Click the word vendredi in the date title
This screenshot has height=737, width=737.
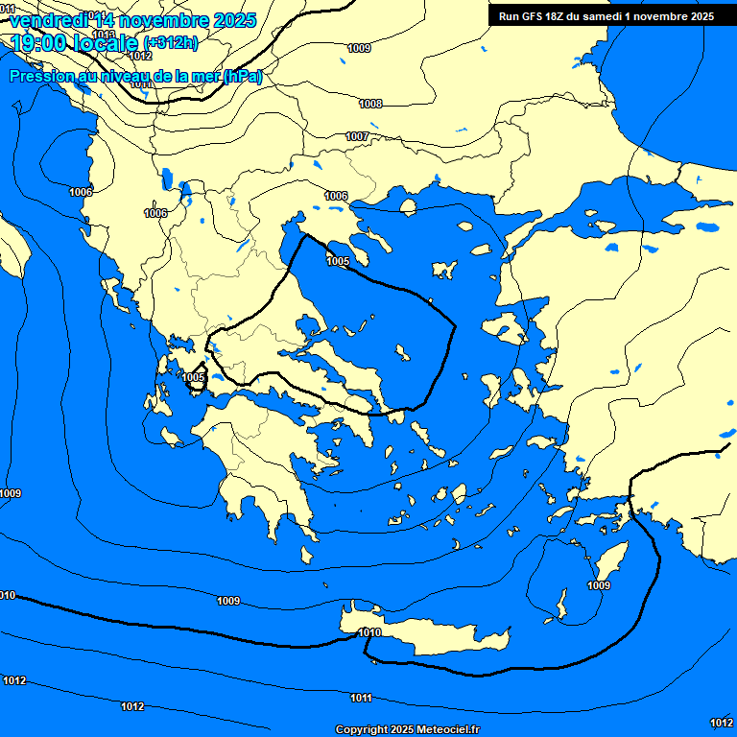point(47,19)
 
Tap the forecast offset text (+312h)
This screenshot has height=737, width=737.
point(171,42)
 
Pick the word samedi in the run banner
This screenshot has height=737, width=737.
point(612,16)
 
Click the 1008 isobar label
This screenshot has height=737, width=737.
point(370,104)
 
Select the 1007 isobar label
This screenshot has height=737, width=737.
point(357,137)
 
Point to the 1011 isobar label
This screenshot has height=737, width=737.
point(361,698)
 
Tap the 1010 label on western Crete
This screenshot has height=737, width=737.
point(368,632)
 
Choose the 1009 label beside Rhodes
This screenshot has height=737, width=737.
point(598,585)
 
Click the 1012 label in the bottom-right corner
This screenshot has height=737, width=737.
point(721,722)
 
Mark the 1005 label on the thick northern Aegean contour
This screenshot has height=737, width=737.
point(338,261)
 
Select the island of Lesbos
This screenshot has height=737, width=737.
point(503,331)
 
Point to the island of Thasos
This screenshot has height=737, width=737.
point(408,205)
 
